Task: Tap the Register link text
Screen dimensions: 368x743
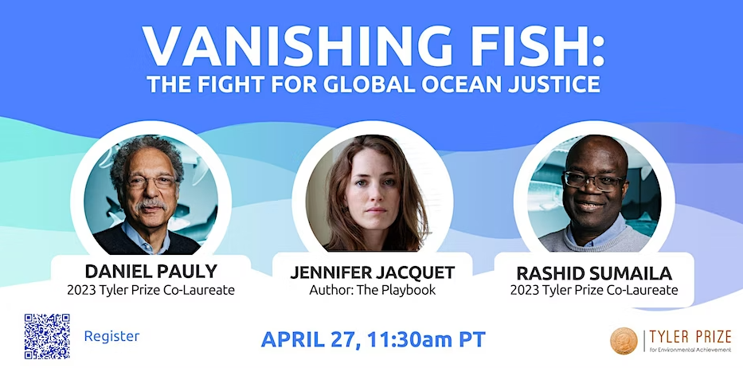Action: pyautogui.click(x=111, y=336)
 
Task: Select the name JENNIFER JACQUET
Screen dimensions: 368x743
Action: pyautogui.click(x=372, y=272)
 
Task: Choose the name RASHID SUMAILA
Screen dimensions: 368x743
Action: pyautogui.click(x=593, y=272)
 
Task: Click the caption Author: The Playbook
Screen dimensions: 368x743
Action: pyautogui.click(x=372, y=290)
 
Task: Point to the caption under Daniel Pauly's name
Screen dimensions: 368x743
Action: pyautogui.click(x=151, y=290)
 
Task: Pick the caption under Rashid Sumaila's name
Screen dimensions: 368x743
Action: pyautogui.click(x=593, y=290)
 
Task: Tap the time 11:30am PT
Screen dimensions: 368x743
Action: pyautogui.click(x=428, y=339)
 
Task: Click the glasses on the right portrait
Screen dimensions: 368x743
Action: pyautogui.click(x=594, y=179)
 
